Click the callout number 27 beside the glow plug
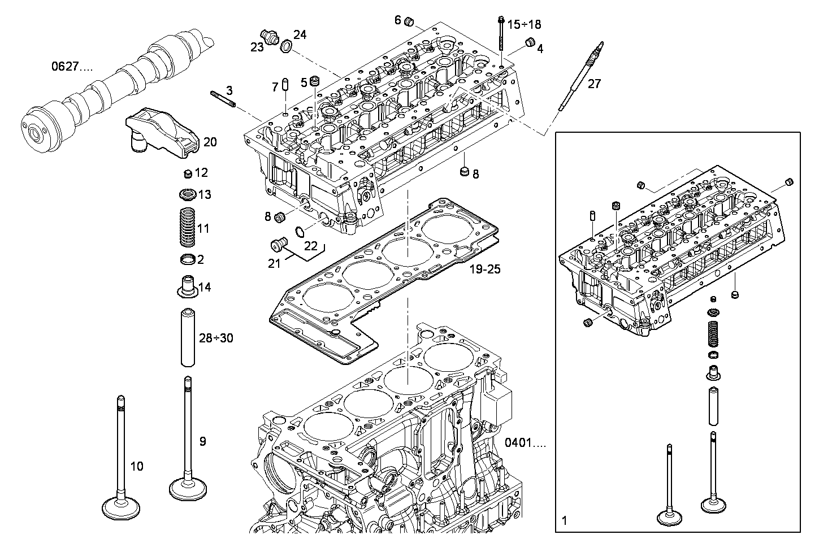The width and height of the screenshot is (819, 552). tap(594, 84)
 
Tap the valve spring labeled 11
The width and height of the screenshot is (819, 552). tap(188, 227)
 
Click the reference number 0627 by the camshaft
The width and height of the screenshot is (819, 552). tap(72, 67)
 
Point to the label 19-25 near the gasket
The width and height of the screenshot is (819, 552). tap(485, 270)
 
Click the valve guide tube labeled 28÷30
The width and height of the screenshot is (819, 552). tap(188, 338)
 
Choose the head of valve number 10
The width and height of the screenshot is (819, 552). tap(120, 508)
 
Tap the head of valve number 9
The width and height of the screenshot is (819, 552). tap(188, 489)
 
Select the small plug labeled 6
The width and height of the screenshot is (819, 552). tap(409, 21)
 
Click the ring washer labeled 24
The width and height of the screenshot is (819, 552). tap(287, 47)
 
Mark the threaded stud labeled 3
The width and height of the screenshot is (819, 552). tap(223, 99)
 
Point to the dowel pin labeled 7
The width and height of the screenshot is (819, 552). tap(286, 84)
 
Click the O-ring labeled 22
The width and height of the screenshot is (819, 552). tap(300, 232)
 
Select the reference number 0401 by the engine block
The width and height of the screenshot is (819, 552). tap(525, 443)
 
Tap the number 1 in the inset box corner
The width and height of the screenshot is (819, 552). tap(564, 520)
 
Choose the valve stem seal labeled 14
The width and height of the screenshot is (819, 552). tap(188, 286)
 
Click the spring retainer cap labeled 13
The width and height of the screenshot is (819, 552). tap(188, 194)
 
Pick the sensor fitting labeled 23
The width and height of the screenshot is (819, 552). tap(270, 37)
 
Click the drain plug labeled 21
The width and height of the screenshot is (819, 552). tap(279, 244)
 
